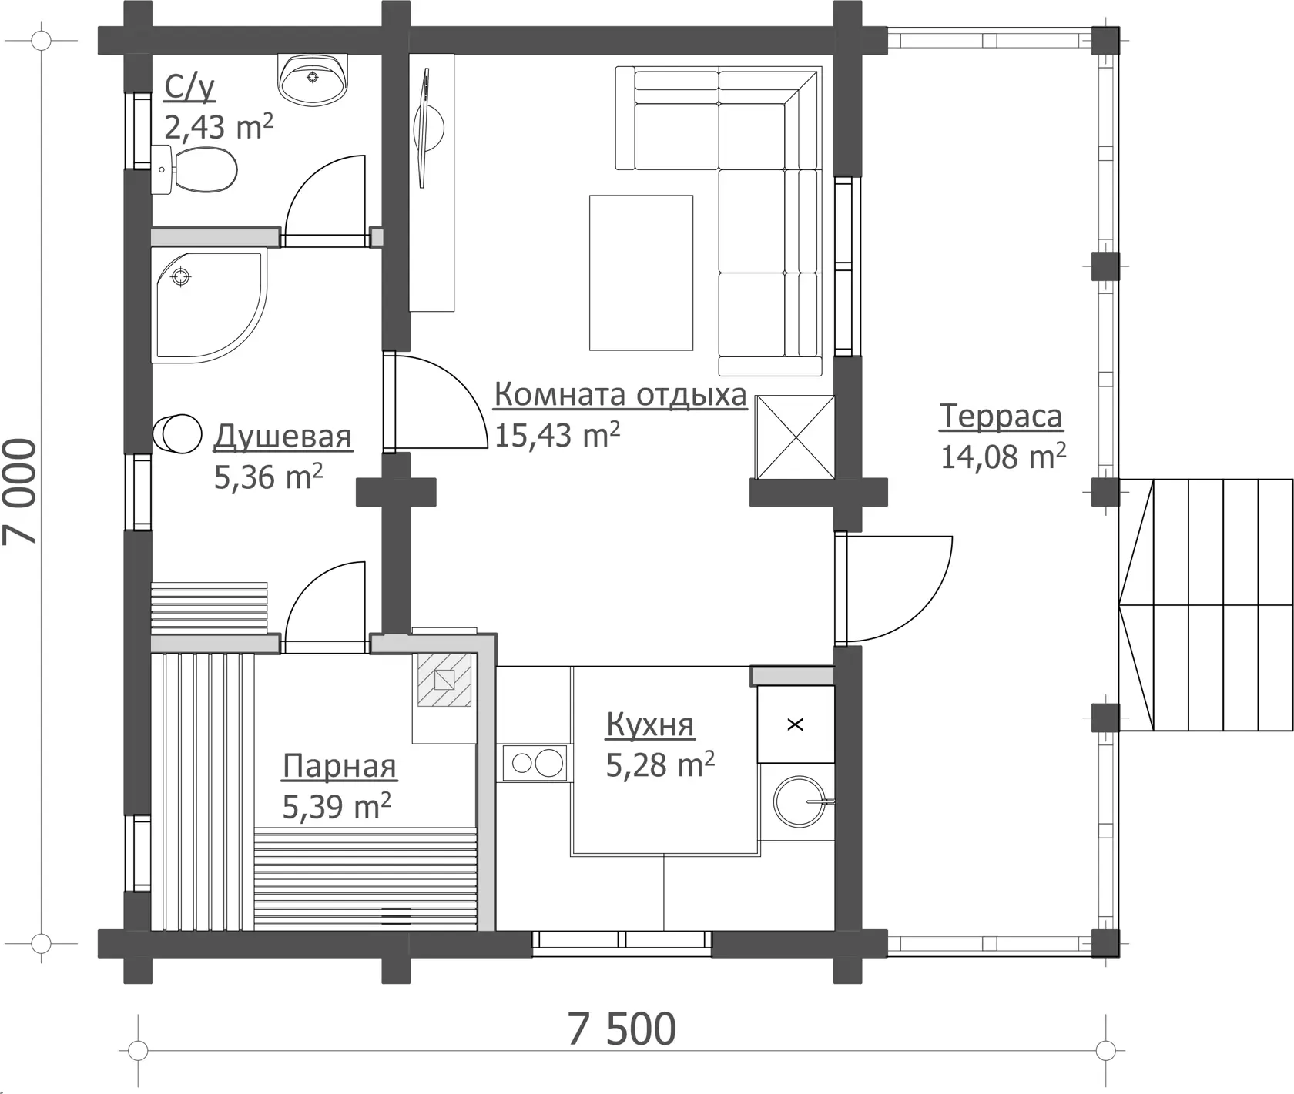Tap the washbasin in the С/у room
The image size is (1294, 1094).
(x=313, y=79)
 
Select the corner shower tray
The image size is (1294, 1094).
(x=209, y=304)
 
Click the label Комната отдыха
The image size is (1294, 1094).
(x=620, y=394)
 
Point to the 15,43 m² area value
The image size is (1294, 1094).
(x=557, y=435)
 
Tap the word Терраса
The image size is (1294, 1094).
(x=1001, y=416)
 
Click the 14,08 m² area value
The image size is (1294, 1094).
(x=1003, y=456)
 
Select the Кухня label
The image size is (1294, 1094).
(x=650, y=724)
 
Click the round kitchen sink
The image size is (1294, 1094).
(x=801, y=801)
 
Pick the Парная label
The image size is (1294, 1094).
(x=339, y=766)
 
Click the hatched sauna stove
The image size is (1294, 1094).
(x=444, y=680)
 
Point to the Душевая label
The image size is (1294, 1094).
(x=283, y=436)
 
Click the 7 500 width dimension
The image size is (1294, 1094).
(x=622, y=1029)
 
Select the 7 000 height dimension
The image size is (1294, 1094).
(x=20, y=492)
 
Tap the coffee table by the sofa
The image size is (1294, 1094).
(x=641, y=273)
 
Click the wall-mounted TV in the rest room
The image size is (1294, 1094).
(x=424, y=128)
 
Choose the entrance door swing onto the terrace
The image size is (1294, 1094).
(x=898, y=589)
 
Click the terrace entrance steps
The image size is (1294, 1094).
(x=1206, y=605)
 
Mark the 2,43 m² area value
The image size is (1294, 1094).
(x=219, y=126)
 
